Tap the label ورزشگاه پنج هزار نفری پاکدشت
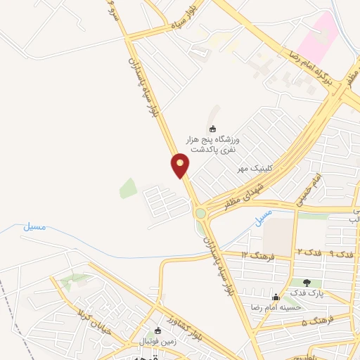211,146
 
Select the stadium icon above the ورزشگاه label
212,129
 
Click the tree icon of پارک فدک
307,282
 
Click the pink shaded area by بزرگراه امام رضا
322,31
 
